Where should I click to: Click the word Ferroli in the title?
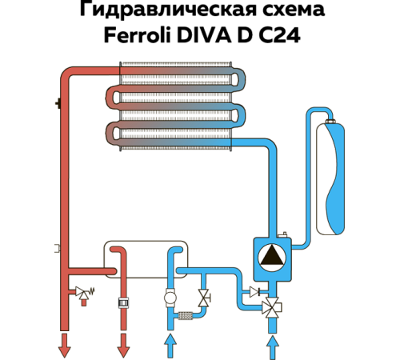(x=138, y=35)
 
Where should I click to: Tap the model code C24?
(x=280, y=35)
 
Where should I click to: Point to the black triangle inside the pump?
(x=272, y=254)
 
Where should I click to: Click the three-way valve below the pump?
(x=272, y=308)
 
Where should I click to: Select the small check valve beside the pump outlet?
(x=255, y=292)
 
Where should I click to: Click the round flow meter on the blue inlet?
(x=170, y=298)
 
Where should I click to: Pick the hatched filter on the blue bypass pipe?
(x=185, y=316)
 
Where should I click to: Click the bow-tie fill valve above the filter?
(x=204, y=298)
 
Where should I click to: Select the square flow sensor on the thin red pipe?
(x=123, y=303)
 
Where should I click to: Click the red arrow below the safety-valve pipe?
(x=64, y=346)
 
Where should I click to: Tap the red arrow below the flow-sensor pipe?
(x=123, y=346)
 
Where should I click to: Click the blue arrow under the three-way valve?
(x=272, y=348)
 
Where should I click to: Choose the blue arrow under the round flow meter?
(x=170, y=346)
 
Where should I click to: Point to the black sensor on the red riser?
(x=58, y=103)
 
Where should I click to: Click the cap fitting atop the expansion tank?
(x=331, y=122)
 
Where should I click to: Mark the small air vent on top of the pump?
(x=282, y=235)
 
